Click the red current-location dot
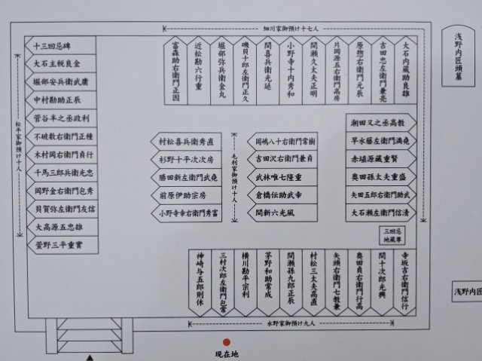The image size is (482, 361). coord(227,341)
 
